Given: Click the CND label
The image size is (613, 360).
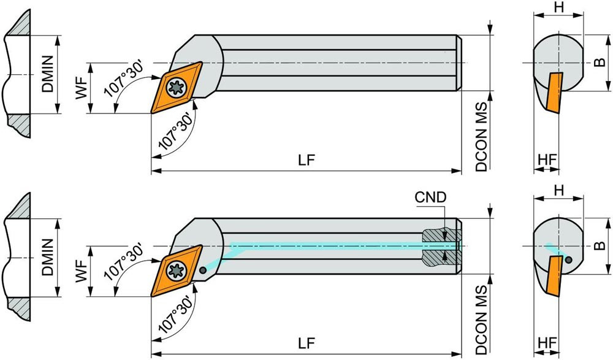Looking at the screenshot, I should click(x=430, y=197).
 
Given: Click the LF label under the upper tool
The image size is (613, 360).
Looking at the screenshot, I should click(x=307, y=160).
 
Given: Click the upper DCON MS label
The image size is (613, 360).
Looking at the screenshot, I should click(x=482, y=132).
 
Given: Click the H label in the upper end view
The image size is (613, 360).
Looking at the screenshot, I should click(x=558, y=8).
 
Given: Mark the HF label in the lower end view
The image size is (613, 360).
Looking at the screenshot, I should click(x=547, y=343).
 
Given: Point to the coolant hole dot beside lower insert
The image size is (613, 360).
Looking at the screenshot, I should click(x=203, y=266).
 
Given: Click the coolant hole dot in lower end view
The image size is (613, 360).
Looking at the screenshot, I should click(x=569, y=259).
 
